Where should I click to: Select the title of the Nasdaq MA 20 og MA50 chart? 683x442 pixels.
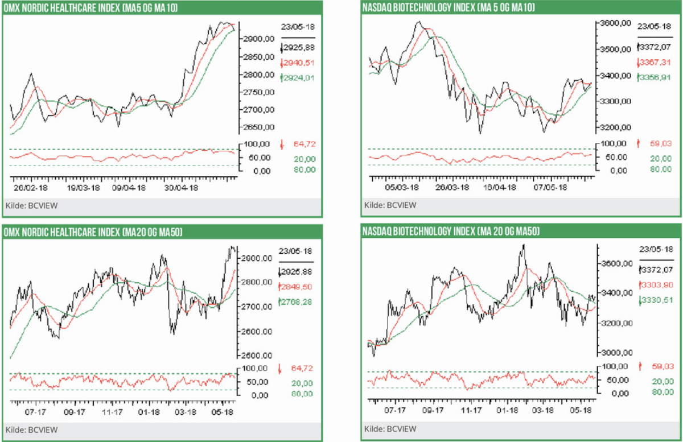coord(450,232)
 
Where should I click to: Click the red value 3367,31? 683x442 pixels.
coord(652,63)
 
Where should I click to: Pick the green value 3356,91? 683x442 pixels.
coord(652,77)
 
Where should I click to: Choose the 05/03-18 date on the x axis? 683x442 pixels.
coord(403,187)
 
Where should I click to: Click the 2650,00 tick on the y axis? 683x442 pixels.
coord(258,127)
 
